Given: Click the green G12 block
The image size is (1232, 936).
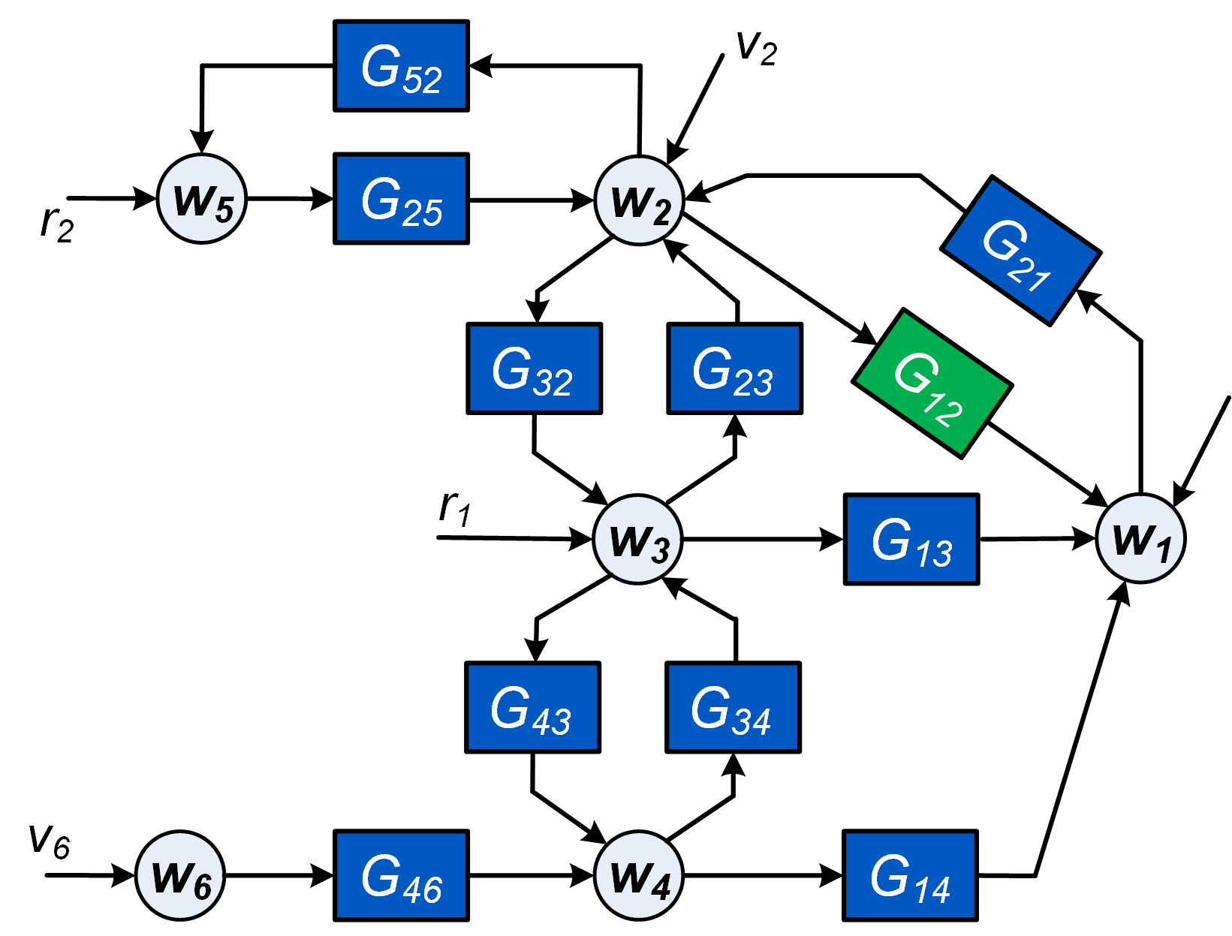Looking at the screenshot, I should pyautogui.click(x=932, y=384).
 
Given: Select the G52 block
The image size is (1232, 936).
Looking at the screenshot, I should pyautogui.click(x=402, y=66).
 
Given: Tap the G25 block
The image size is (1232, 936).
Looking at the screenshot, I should pyautogui.click(x=402, y=199).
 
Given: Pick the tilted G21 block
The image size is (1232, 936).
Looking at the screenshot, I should pyautogui.click(x=1020, y=251).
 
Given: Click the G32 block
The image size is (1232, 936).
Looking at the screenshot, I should pyautogui.click(x=534, y=369).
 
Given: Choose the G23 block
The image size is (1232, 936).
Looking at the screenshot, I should pyautogui.click(x=735, y=369).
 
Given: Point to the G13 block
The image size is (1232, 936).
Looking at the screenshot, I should pyautogui.click(x=911, y=539).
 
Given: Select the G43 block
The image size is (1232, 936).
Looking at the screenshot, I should pyautogui.click(x=532, y=707).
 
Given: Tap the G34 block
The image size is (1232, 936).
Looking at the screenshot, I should pyautogui.click(x=733, y=707).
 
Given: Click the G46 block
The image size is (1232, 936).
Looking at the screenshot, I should pyautogui.click(x=402, y=875).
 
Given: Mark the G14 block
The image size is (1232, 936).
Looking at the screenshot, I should pyautogui.click(x=910, y=875).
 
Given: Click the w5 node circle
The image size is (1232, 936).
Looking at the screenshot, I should pyautogui.click(x=202, y=199).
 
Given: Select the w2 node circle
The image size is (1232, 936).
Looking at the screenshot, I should pyautogui.click(x=639, y=200).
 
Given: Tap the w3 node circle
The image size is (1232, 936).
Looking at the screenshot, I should pyautogui.click(x=637, y=539).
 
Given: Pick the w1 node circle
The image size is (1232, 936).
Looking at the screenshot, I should pyautogui.click(x=1140, y=538).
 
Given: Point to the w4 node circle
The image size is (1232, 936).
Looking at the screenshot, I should pyautogui.click(x=638, y=875).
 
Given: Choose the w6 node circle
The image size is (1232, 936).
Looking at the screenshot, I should pyautogui.click(x=180, y=875).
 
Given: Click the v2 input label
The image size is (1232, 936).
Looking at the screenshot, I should pyautogui.click(x=756, y=49).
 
